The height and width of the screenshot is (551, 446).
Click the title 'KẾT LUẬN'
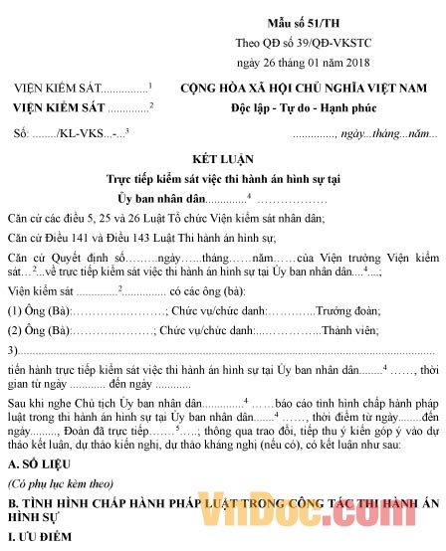[x=223, y=159]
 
